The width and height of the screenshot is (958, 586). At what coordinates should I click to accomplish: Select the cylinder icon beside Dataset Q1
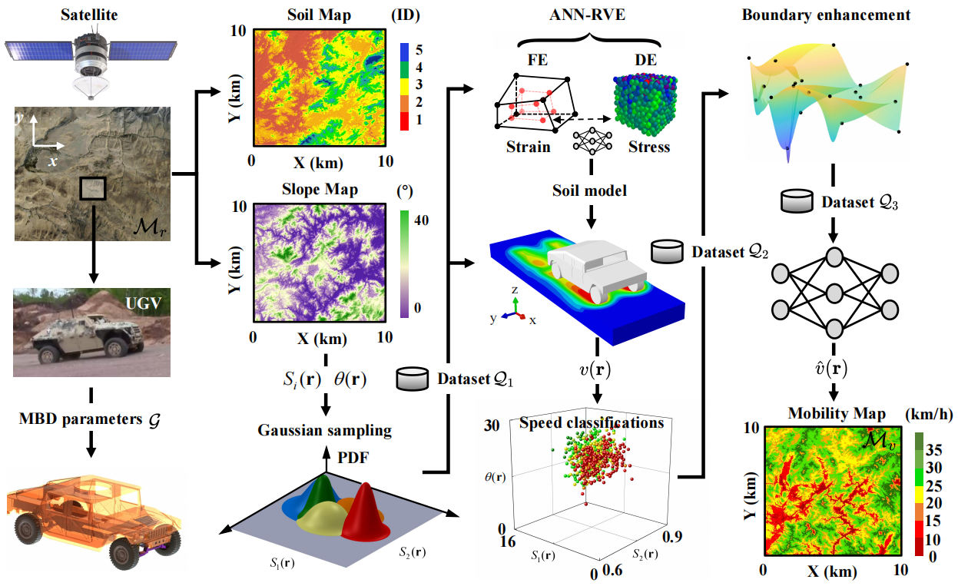pos(413,378)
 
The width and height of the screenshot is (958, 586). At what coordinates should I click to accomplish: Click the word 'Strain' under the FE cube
pos(529,146)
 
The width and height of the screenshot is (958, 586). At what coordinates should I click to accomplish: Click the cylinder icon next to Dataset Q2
pos(667,252)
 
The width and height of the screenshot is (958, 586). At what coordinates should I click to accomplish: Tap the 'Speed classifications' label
pos(592,422)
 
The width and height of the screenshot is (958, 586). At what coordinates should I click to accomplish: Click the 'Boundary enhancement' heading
pos(827,14)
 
